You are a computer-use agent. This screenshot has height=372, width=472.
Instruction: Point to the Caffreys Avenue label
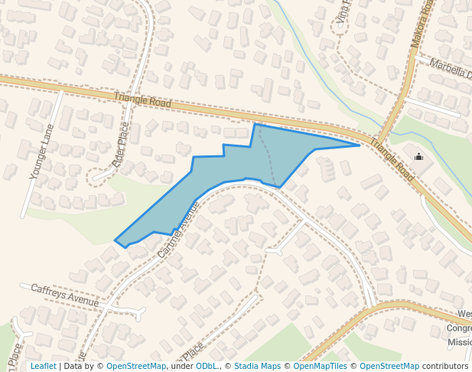[65, 295]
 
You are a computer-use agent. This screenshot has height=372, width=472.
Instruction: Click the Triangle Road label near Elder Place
[142, 100]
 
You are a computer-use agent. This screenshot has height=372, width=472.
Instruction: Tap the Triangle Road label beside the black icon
[391, 160]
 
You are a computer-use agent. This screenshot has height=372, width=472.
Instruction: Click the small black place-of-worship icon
[418, 157]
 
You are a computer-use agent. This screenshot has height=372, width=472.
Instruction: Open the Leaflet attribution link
[43, 366]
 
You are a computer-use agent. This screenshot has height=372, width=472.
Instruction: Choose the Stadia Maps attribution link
[257, 366]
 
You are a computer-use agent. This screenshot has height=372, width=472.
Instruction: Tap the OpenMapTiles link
[319, 366]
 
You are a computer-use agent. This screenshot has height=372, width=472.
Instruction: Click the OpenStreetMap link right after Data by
[135, 366]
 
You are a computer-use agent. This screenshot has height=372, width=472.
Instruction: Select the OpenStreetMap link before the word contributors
[389, 366]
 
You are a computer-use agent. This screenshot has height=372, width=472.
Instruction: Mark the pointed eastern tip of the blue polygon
[359, 145]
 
